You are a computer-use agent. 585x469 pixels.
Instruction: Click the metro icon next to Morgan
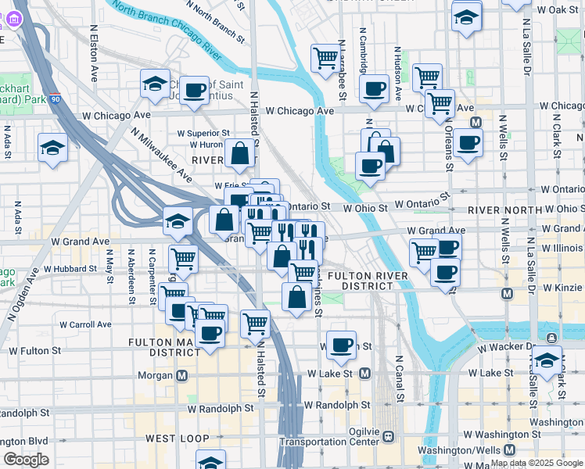pyautogui.click(x=182, y=375)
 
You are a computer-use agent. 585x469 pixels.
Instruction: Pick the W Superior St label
pyautogui.click(x=203, y=134)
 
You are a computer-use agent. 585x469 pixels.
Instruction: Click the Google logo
pyautogui.click(x=26, y=460)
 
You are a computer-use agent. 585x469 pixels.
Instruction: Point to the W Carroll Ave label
pyautogui.click(x=84, y=324)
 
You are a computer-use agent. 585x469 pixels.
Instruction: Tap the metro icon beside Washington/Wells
pyautogui.click(x=509, y=450)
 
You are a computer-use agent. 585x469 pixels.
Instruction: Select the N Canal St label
pyautogui.click(x=399, y=379)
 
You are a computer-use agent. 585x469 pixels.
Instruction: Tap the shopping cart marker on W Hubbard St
pyautogui.click(x=182, y=258)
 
